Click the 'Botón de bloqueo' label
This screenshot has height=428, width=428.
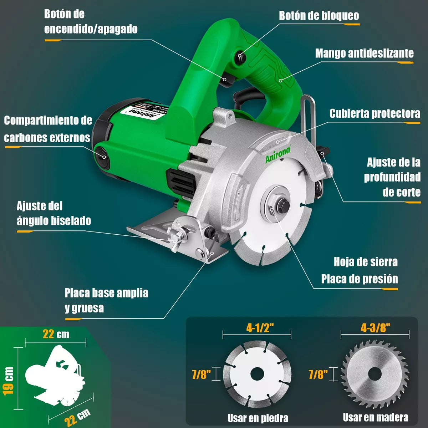point(319,16)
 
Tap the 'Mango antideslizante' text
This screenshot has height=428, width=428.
point(364,53)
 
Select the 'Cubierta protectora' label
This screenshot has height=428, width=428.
point(374,114)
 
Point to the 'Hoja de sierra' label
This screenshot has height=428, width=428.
point(366,262)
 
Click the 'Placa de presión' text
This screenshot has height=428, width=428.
point(359,279)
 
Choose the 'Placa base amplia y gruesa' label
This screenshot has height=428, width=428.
point(106,300)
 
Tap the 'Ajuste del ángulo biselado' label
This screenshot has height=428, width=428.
point(53,213)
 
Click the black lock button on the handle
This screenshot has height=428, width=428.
point(240,56)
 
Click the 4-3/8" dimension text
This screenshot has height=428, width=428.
point(375,328)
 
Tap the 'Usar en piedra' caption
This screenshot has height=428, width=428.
point(258,418)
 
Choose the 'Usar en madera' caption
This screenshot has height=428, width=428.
point(376,417)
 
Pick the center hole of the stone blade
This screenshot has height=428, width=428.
point(257,374)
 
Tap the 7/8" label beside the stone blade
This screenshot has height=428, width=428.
point(201,374)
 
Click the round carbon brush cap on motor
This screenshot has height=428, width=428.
point(101,156)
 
